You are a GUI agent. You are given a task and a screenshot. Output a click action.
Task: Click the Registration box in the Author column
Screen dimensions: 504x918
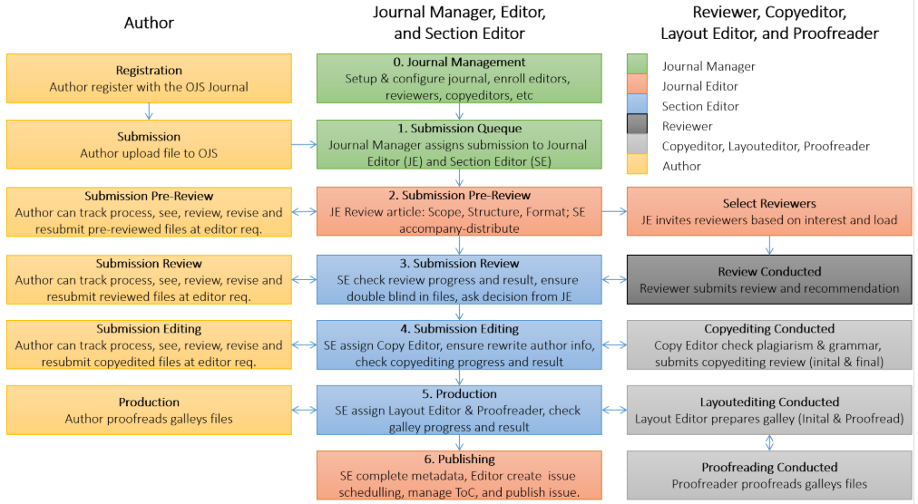(x=149, y=79)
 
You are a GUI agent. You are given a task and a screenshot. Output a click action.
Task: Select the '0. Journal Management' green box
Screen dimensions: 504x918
(x=459, y=79)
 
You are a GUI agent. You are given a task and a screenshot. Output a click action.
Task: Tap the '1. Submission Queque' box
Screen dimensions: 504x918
(x=459, y=145)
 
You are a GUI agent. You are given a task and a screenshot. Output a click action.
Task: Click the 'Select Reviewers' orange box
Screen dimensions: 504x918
(x=769, y=211)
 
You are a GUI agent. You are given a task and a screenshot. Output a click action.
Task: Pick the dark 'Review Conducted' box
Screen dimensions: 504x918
(x=769, y=279)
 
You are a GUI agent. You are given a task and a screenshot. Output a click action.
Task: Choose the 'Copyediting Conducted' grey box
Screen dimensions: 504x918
(x=769, y=345)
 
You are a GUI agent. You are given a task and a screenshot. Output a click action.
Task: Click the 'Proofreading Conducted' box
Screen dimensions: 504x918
(x=769, y=476)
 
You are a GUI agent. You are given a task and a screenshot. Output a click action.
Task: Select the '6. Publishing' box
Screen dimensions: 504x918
(x=459, y=476)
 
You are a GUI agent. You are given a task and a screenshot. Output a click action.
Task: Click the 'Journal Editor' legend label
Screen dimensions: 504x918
(x=699, y=86)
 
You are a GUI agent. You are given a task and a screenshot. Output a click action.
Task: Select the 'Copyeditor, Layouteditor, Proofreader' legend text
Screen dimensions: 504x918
(x=766, y=146)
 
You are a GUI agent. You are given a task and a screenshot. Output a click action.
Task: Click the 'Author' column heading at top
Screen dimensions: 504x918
(x=149, y=23)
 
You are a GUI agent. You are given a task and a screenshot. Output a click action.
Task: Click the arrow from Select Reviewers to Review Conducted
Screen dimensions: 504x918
(x=769, y=245)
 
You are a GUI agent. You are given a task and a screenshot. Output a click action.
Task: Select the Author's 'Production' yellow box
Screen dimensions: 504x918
(x=149, y=411)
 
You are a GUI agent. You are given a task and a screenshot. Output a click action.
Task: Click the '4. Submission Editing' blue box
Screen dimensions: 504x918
(x=459, y=345)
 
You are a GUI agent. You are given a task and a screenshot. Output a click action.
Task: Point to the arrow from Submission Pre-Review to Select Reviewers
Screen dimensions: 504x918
(x=614, y=212)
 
